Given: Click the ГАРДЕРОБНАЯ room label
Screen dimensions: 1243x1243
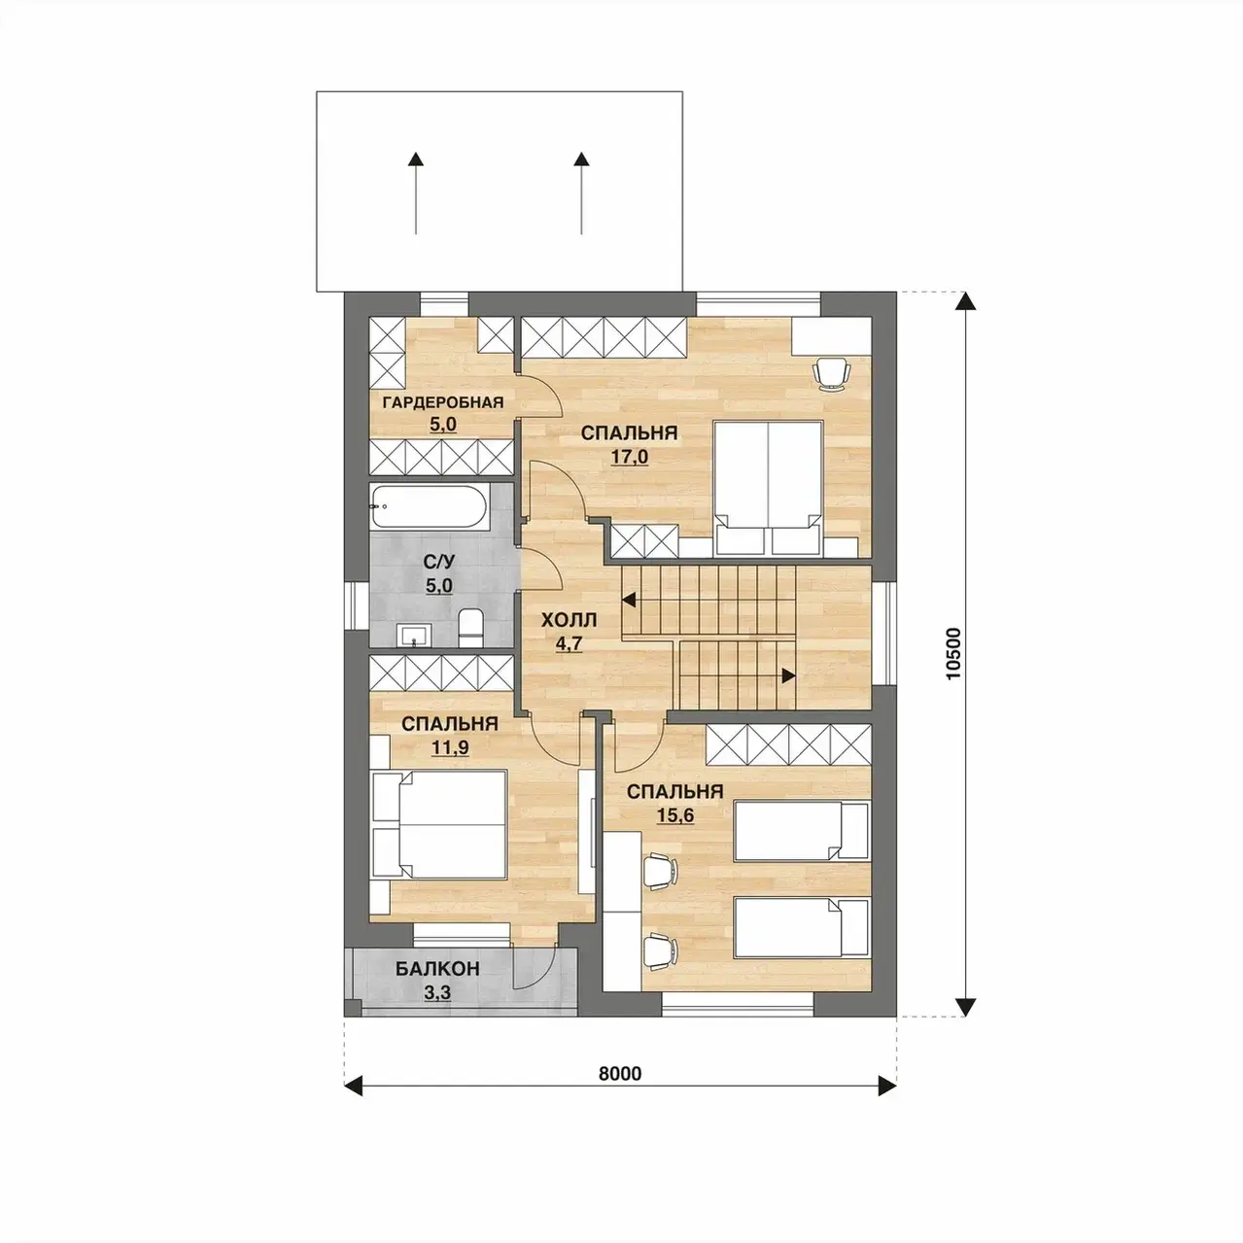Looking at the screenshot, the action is [x=442, y=403].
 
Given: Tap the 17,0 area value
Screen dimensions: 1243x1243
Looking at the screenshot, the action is [x=629, y=457].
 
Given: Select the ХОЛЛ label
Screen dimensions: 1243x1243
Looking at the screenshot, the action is [x=569, y=621].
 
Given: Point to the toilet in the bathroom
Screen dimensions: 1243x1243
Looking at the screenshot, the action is [x=470, y=626].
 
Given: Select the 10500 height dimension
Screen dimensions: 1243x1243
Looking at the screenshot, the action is [x=953, y=653].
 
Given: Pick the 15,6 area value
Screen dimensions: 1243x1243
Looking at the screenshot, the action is [x=674, y=815].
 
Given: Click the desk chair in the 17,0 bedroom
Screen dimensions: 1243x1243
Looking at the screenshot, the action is [x=831, y=373].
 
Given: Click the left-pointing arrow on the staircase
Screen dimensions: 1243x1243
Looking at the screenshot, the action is [x=630, y=601].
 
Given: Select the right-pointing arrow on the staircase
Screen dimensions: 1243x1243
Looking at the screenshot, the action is [x=787, y=676].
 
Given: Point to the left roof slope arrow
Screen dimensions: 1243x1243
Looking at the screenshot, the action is [x=416, y=192].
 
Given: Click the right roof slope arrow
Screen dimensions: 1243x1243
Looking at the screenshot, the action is [x=582, y=192].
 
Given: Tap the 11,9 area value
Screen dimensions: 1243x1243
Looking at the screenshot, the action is [x=450, y=747].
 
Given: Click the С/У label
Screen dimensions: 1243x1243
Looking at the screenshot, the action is [x=439, y=563].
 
